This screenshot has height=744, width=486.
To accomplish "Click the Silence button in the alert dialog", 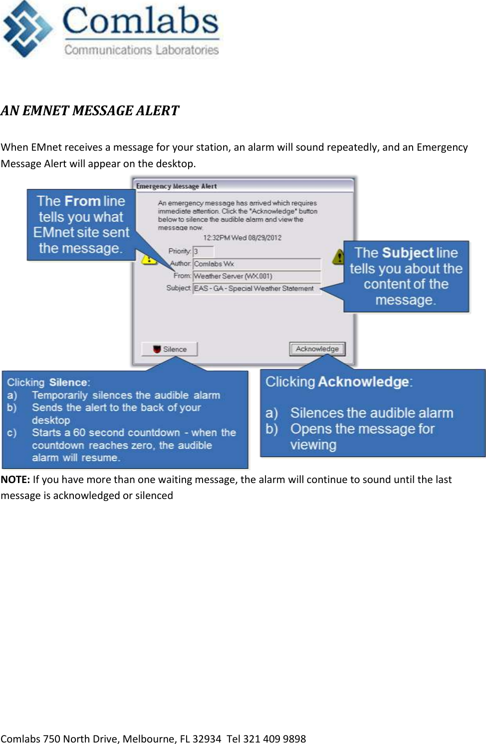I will tap(170, 349).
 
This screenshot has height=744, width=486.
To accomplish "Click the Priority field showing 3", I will tap(203, 251).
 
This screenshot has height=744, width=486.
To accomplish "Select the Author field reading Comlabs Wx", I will tap(256, 264).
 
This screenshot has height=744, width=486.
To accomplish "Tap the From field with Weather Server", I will tap(256, 276).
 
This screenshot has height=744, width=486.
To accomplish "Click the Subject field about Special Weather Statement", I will tap(256, 288).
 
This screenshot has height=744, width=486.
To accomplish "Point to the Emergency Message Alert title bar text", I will tap(176, 186).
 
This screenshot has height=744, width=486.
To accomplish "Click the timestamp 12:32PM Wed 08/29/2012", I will tap(242, 238).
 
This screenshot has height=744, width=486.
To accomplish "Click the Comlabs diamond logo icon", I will tap(27, 29).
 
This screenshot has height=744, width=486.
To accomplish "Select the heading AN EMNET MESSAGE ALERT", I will tap(90, 111).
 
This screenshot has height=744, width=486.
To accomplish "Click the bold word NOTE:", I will tap(15, 480).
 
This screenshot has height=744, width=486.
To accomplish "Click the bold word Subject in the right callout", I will tap(408, 253).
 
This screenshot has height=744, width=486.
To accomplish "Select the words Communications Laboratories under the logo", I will tap(141, 50).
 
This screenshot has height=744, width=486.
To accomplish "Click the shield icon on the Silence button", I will tap(157, 349).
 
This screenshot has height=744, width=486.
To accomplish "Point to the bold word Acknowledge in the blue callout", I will tap(364, 382).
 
